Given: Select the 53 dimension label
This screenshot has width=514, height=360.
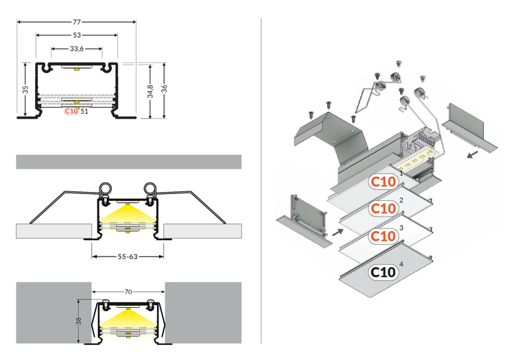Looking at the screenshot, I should (x=76, y=34).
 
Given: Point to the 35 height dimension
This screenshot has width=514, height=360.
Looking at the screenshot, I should (x=25, y=89).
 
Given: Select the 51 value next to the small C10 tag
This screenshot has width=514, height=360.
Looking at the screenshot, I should (x=84, y=111).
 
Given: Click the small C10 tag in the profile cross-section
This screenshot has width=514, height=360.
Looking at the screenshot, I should (x=71, y=111).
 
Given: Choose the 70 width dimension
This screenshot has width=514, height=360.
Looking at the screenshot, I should (x=128, y=291).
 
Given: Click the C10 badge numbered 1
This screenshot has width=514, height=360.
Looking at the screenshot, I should (x=383, y=182).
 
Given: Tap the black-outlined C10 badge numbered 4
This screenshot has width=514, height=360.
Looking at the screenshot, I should (x=383, y=272).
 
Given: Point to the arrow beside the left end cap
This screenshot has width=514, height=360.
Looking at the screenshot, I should (x=336, y=232).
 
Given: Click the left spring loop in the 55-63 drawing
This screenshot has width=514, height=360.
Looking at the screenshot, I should (x=107, y=189).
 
